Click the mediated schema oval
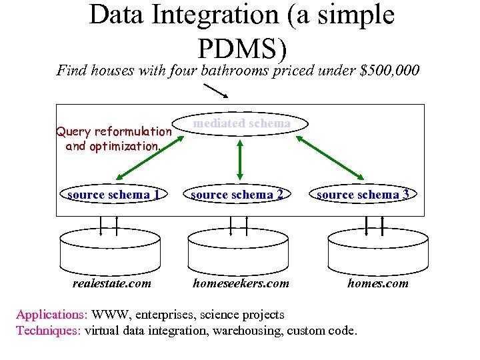click(x=241, y=124)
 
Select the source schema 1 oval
click(x=113, y=195)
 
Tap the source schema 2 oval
click(x=238, y=195)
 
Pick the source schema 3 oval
click(x=364, y=195)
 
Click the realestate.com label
click(x=111, y=283)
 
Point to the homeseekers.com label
click(x=241, y=283)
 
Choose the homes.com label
click(x=378, y=283)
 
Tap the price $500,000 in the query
click(x=389, y=70)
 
